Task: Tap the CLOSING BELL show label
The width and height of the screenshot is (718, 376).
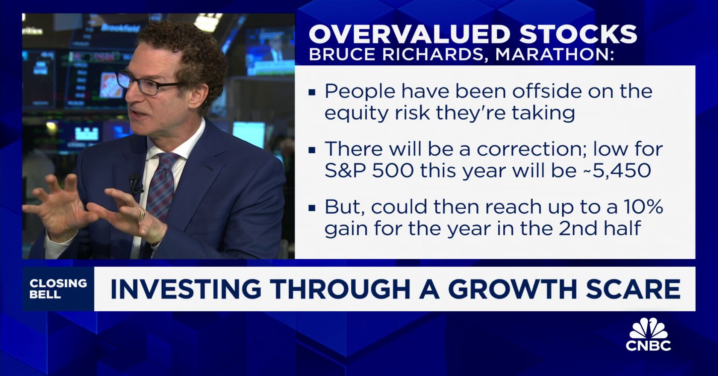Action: click(58, 288)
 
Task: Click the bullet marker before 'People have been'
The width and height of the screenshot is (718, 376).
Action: click(312, 92)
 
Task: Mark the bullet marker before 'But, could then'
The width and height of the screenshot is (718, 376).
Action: click(312, 208)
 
